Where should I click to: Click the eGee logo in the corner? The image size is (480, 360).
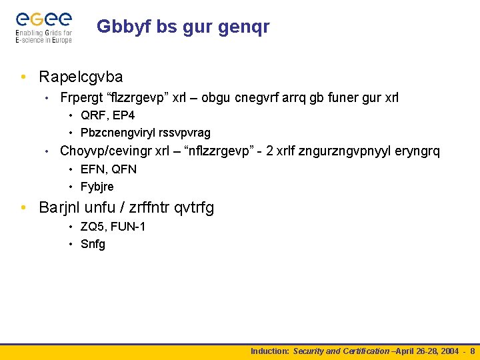43,27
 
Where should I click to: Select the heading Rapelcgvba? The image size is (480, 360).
81,77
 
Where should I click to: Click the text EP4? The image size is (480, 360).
124,115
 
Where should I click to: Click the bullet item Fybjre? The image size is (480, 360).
97,187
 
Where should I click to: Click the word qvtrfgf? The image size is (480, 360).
193,207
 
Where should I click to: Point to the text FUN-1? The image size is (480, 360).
128,227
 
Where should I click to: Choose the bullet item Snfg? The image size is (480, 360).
93,244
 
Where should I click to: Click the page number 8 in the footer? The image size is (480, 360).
473,351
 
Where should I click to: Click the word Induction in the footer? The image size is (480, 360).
269,351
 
